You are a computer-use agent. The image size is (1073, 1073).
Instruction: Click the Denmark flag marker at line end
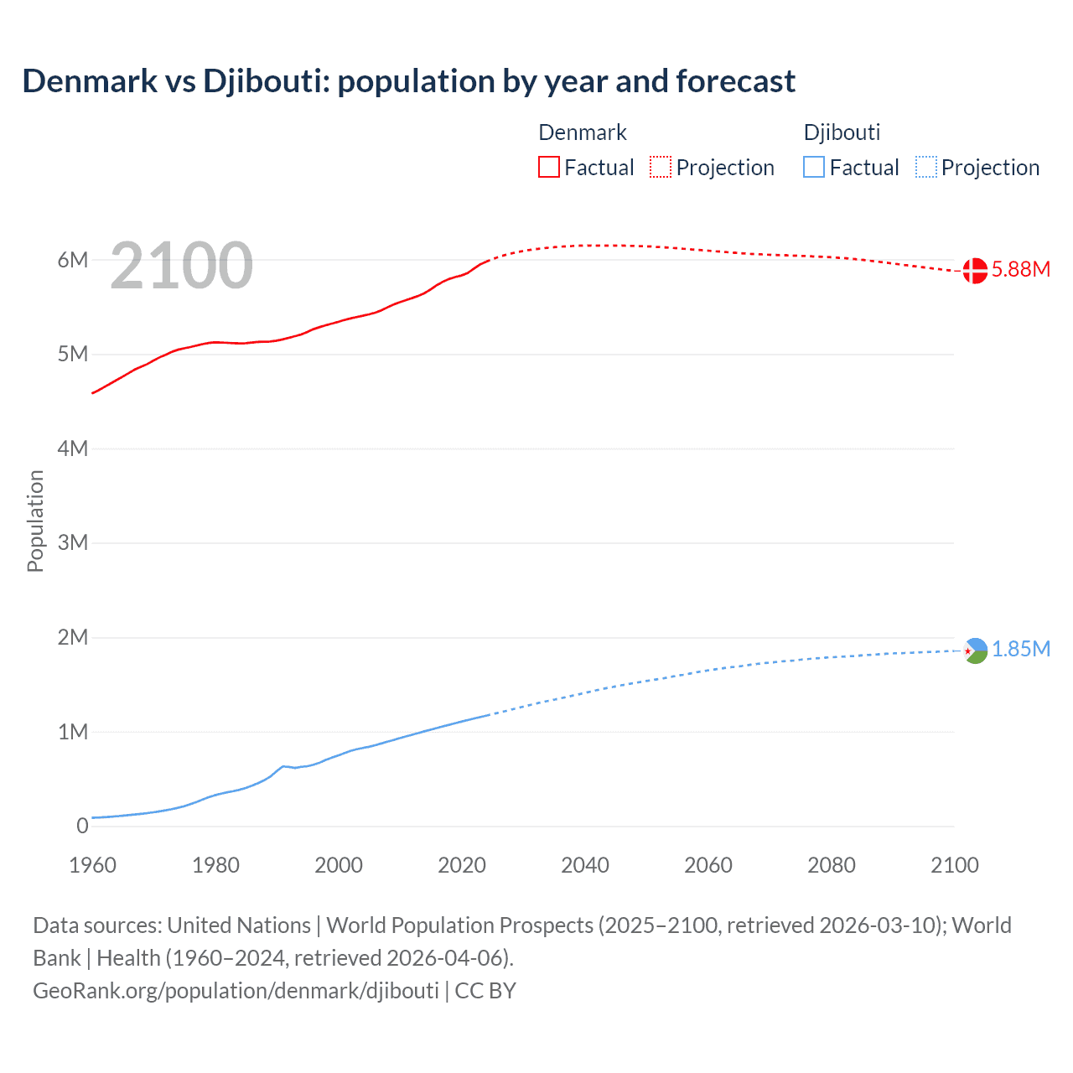coord(975,271)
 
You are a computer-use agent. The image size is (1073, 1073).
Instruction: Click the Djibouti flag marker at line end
coord(976,651)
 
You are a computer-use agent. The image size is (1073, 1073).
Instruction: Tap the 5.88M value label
coord(1021,269)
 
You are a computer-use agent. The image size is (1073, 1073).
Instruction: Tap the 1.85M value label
coord(1021,650)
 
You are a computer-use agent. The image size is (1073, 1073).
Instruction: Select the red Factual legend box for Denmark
coord(548,168)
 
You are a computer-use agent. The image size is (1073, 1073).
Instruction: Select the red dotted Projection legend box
coord(661,168)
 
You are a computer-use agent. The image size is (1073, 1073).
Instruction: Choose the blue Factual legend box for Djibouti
coord(813,168)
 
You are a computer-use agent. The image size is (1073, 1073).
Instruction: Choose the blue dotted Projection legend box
coord(925,168)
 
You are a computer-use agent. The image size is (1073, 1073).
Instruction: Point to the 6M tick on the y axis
coord(73,260)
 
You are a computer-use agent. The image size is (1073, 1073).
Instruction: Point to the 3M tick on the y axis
coord(73,542)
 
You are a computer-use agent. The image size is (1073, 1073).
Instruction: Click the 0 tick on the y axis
coord(82,826)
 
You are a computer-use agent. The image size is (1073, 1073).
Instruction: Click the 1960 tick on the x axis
coord(92,865)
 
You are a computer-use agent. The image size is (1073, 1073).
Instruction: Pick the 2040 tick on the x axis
coord(585,865)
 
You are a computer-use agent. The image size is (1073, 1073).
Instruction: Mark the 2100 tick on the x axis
coord(954,865)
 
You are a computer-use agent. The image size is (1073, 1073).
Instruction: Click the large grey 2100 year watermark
coord(181,266)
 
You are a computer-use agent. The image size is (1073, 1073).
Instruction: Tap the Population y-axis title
coord(35,521)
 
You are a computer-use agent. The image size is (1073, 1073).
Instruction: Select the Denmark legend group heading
coord(583,132)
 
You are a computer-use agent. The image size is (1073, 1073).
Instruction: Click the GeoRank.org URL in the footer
coord(236,991)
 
